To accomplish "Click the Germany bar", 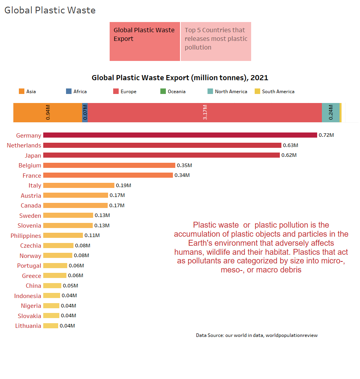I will (x=180, y=135).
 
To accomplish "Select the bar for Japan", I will (x=161, y=155).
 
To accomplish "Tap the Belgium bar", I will (x=109, y=166).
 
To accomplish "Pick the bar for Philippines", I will (x=63, y=235).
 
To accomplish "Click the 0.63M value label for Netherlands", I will (x=290, y=145).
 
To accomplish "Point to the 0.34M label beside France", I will (x=182, y=175).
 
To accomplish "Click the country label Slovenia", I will (x=29, y=226).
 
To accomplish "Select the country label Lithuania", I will (x=28, y=326).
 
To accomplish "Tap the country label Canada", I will (x=31, y=206).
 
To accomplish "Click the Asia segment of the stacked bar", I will (x=48, y=112).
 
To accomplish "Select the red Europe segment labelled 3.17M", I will (x=204, y=112).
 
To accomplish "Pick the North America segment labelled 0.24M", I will (x=331, y=112).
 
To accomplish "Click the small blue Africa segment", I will (x=85, y=112).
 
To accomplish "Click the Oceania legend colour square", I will (x=163, y=92).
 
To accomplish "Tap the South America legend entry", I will (x=278, y=92).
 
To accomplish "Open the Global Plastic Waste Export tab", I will (x=145, y=41).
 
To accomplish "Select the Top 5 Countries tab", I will (x=216, y=41).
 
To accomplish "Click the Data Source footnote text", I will (x=257, y=335).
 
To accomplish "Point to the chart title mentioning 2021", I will (x=180, y=78).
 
